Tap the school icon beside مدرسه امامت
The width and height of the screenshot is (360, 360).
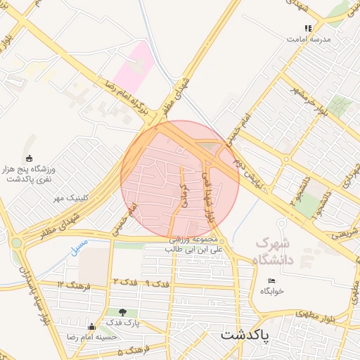tap(307, 29)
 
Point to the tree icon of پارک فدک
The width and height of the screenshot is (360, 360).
tap(123, 311)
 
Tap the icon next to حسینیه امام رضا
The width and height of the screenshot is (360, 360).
tap(91, 326)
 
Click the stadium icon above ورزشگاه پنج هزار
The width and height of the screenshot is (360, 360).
tap(29, 158)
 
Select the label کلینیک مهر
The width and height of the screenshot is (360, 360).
tap(72, 198)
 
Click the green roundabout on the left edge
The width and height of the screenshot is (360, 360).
tap(16, 243)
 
